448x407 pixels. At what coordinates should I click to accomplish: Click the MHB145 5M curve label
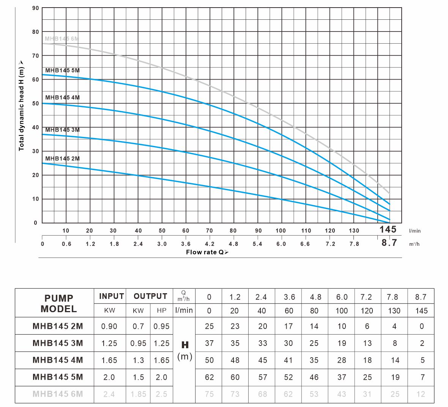(x=62, y=71)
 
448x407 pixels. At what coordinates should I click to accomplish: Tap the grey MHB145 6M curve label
(x=62, y=39)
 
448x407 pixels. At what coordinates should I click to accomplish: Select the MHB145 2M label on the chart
(x=62, y=159)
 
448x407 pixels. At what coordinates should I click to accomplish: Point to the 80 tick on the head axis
(x=35, y=32)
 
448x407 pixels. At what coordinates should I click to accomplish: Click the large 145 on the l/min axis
(x=388, y=229)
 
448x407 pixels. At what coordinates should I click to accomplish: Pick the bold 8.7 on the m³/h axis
(x=389, y=243)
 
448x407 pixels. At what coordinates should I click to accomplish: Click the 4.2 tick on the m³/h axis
(x=210, y=244)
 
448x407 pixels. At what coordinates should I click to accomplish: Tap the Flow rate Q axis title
(x=207, y=252)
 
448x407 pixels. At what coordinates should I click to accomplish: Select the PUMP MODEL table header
(x=58, y=303)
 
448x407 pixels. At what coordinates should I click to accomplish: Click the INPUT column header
(x=111, y=296)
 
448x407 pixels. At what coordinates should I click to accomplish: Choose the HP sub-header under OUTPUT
(x=162, y=310)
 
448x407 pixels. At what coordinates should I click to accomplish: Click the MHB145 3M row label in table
(x=58, y=343)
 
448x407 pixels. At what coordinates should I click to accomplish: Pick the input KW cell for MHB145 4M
(x=109, y=360)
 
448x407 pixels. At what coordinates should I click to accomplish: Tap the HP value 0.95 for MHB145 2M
(x=162, y=326)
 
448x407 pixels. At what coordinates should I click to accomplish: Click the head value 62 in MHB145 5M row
(x=209, y=377)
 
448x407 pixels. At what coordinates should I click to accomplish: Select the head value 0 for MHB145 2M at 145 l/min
(x=421, y=326)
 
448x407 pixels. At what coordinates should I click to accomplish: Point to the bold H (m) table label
(x=185, y=351)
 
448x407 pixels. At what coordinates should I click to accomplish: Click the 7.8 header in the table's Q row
(x=393, y=297)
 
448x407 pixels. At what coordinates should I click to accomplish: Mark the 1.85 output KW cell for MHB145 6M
(x=138, y=394)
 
